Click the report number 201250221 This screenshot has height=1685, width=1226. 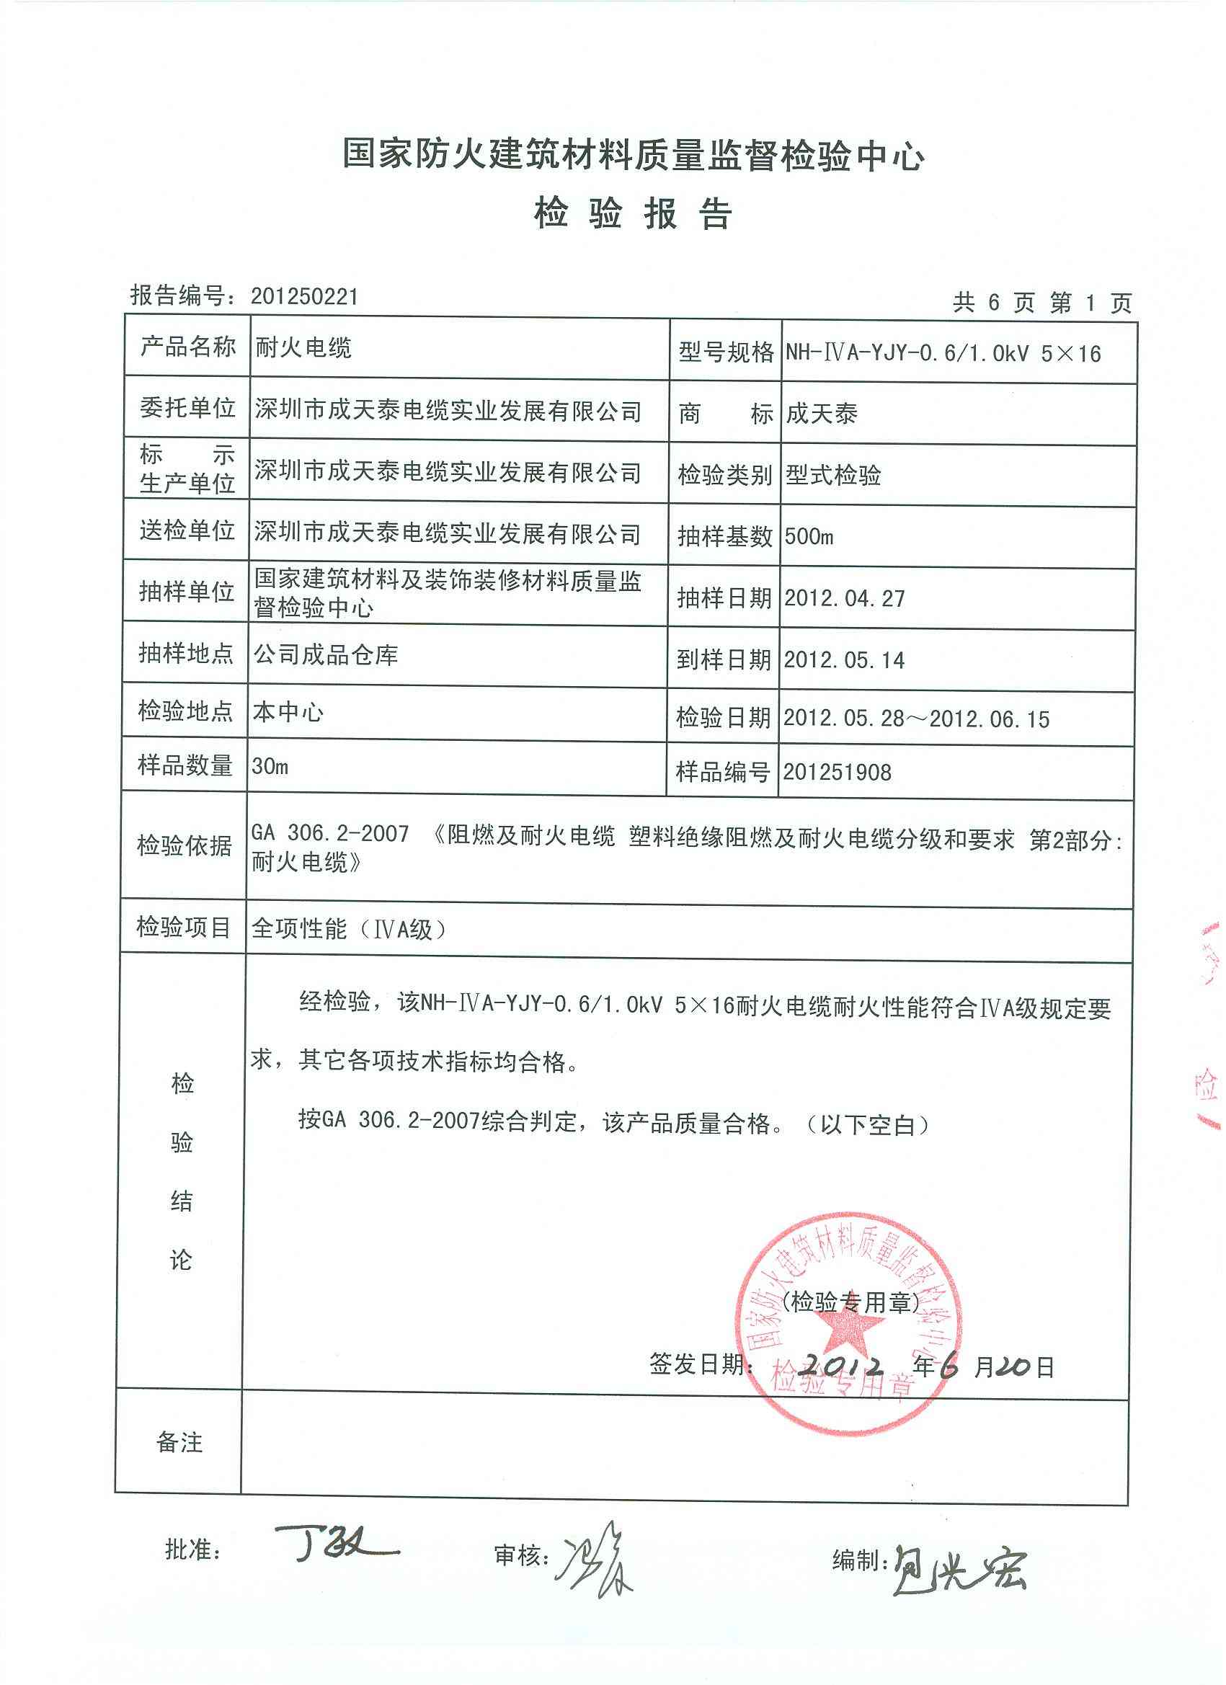[x=304, y=297]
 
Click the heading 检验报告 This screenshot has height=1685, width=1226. [x=632, y=215]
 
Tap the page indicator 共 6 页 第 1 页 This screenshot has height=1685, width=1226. [x=1042, y=303]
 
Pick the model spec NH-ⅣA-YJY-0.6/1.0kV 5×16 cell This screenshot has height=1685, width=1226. [x=943, y=353]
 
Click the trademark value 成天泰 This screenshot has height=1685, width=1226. [x=821, y=414]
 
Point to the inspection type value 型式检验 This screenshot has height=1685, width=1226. [x=833, y=475]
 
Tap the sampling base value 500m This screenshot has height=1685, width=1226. [x=809, y=536]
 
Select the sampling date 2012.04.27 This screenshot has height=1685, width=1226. [x=844, y=598]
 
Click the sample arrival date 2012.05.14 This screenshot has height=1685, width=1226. [x=844, y=659]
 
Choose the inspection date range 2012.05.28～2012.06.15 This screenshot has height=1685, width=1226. [x=916, y=719]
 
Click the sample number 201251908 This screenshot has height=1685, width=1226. [x=838, y=772]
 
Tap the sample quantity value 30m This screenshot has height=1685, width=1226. [x=270, y=766]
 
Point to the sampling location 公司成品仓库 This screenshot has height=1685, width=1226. [x=327, y=654]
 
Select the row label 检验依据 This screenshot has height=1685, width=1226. [x=185, y=845]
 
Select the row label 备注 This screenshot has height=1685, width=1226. [x=179, y=1443]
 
